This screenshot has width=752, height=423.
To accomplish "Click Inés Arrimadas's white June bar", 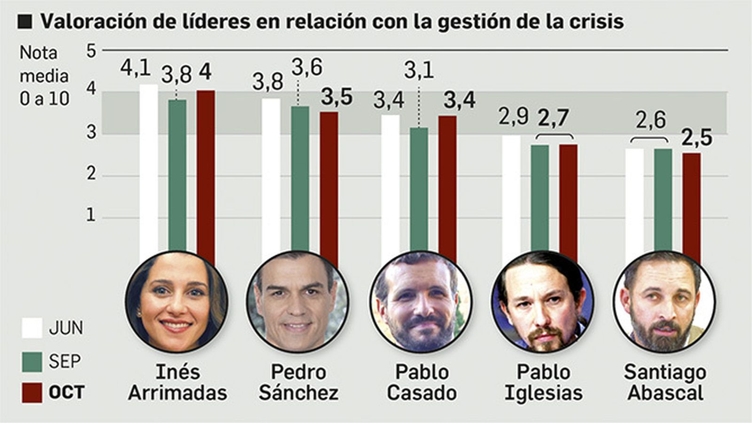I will point(149,169).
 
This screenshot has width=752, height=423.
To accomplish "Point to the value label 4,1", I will point(135,69).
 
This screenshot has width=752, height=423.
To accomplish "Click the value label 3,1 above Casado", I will point(419,71).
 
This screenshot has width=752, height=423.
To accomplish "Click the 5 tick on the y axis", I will point(91,50).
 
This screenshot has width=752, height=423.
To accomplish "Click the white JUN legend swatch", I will point(32,328).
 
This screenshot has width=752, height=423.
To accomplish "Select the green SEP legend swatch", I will point(32,361).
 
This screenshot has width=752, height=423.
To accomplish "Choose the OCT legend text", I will point(66,392).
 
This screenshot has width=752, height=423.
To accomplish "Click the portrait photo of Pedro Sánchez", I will point(298,301).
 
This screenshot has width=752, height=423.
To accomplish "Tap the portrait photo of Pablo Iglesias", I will point(542,301).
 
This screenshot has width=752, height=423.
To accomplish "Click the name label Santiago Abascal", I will point(665,383).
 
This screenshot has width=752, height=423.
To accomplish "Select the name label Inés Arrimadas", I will point(177,383).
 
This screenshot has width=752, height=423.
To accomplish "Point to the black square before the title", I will point(25,22).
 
